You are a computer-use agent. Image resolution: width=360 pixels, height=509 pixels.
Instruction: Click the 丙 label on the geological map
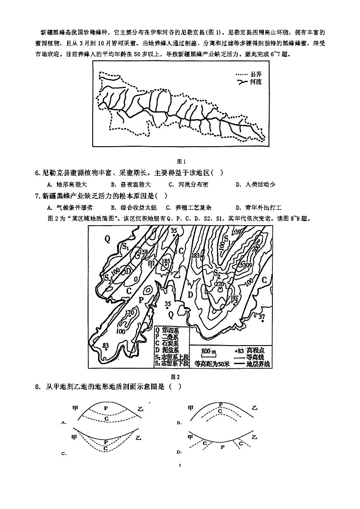pos(235,300)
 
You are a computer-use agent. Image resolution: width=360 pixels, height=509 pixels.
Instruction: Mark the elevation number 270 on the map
pos(220,284)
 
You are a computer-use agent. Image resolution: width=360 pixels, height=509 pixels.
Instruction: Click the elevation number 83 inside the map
pos(105,346)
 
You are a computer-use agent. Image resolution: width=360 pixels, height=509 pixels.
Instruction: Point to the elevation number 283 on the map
pos(196,256)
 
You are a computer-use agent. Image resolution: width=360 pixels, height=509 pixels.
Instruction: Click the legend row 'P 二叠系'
pos(166,336)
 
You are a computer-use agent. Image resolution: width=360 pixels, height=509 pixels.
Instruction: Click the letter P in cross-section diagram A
pos(106,408)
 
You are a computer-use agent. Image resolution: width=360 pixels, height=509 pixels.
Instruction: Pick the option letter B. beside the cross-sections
pos(179,422)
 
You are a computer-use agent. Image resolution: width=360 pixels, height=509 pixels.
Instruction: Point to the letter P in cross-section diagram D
pos(222,447)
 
